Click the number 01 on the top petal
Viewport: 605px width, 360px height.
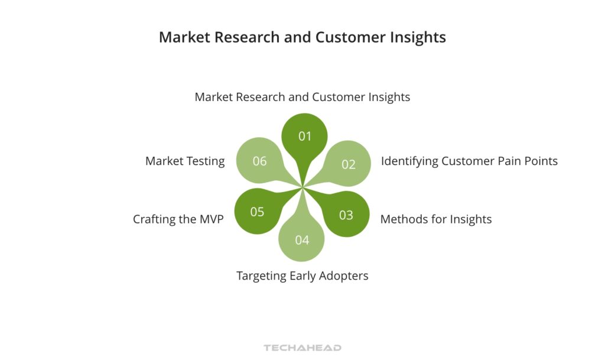tap(304, 137)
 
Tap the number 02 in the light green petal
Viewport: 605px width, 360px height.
tap(349, 164)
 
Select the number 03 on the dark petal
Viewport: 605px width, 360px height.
tap(346, 215)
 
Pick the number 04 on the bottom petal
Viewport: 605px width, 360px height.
tap(302, 239)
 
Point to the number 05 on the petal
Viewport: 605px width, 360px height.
tap(257, 212)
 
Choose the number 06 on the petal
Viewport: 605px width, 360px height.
tap(259, 161)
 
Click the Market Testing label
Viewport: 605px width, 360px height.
tap(185, 161)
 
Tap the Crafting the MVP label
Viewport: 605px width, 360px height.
tap(178, 219)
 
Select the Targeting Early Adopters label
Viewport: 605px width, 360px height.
tap(302, 275)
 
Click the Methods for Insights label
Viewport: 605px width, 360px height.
tap(435, 219)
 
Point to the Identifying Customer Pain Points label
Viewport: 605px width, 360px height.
tap(469, 161)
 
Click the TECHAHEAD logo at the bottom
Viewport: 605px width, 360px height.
tap(302, 348)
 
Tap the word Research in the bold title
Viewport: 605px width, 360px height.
tap(245, 37)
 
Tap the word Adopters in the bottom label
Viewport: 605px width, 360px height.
tap(345, 275)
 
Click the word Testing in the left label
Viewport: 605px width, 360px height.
tap(204, 161)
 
